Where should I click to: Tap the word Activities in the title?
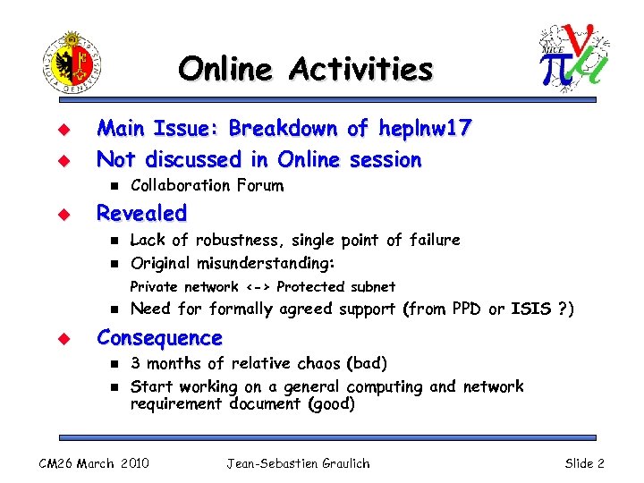click(366, 68)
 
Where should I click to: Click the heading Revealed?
click(141, 213)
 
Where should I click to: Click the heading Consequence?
click(158, 338)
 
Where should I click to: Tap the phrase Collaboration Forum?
click(207, 186)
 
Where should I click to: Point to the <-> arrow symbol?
click(258, 287)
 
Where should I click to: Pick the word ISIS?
click(530, 309)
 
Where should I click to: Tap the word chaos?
click(320, 363)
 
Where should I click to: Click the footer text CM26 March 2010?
click(93, 462)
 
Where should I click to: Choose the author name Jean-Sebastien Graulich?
click(297, 462)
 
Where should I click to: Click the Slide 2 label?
click(584, 462)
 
